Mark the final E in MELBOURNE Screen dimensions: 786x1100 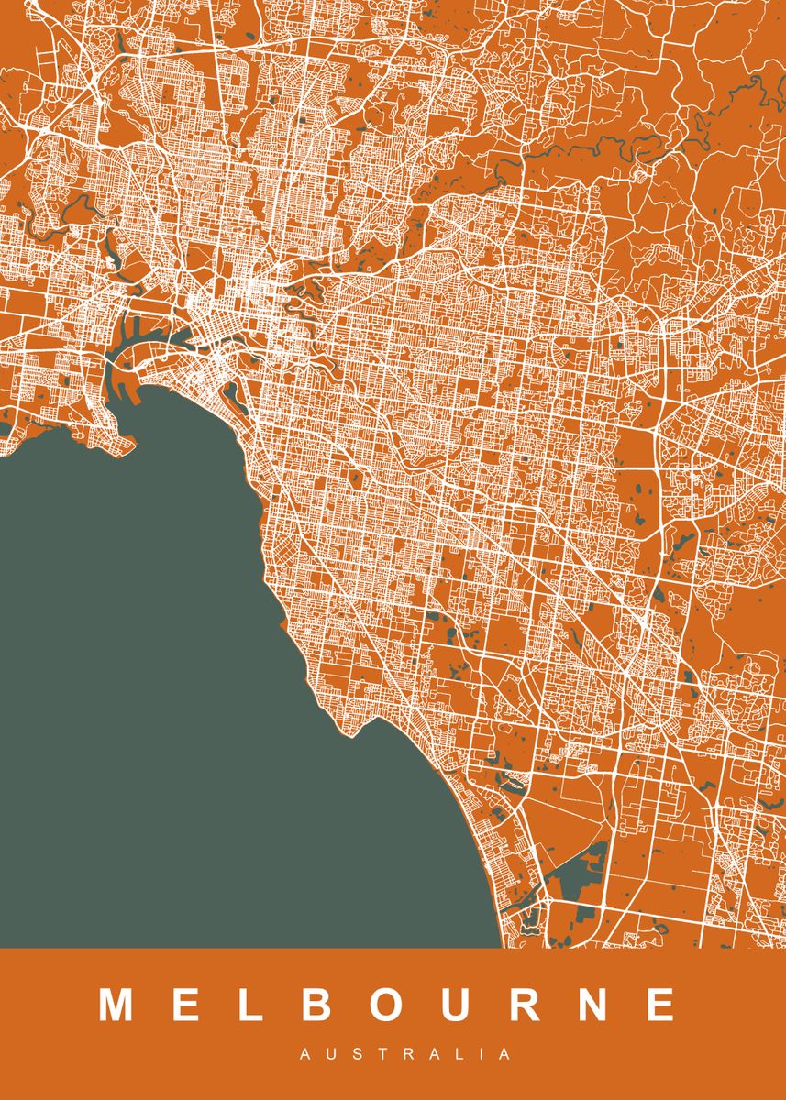point(661,1005)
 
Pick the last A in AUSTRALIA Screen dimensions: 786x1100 point(505,1055)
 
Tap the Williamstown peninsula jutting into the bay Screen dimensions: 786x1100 point(124,440)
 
